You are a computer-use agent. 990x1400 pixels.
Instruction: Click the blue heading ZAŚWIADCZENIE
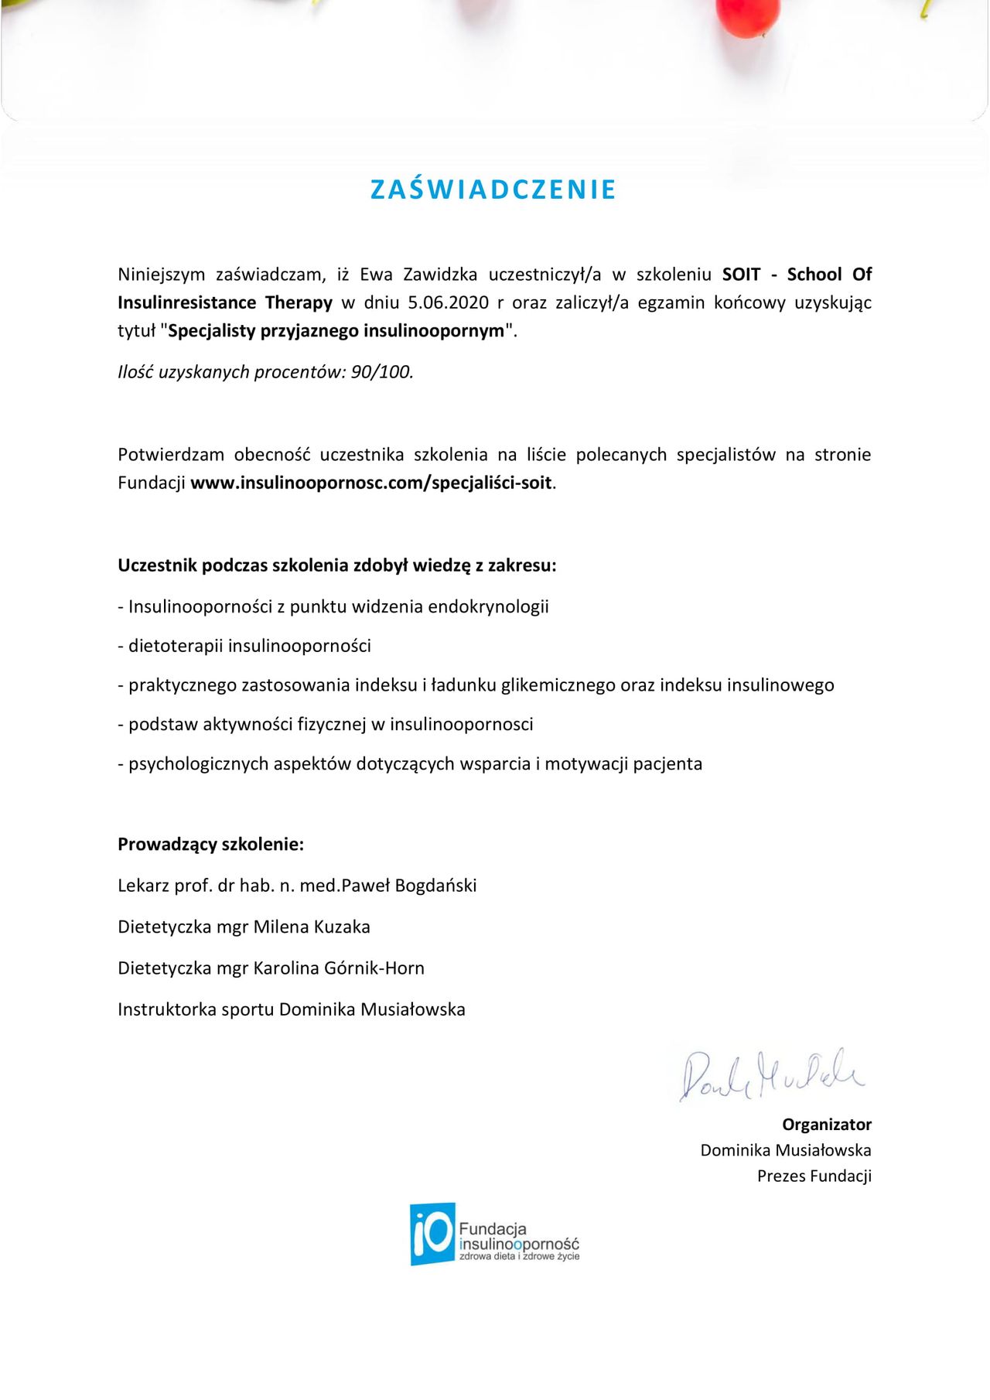click(493, 190)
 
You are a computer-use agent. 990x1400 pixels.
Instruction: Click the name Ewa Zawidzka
click(418, 275)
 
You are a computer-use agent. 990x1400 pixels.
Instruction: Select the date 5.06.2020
click(449, 302)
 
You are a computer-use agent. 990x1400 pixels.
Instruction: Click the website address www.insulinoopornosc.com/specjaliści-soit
click(371, 483)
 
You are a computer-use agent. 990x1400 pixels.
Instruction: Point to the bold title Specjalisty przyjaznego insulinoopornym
click(336, 331)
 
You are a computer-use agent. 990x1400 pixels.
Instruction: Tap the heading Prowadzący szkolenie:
click(210, 845)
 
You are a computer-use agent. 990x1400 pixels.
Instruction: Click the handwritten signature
click(772, 1075)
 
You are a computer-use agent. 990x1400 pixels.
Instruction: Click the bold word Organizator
click(826, 1125)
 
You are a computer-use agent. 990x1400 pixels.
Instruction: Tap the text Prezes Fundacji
click(814, 1176)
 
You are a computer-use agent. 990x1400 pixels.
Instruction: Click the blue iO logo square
click(432, 1234)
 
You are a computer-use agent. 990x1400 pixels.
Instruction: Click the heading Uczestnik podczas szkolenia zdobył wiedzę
click(336, 565)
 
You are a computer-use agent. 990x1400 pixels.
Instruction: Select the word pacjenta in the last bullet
click(667, 764)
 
